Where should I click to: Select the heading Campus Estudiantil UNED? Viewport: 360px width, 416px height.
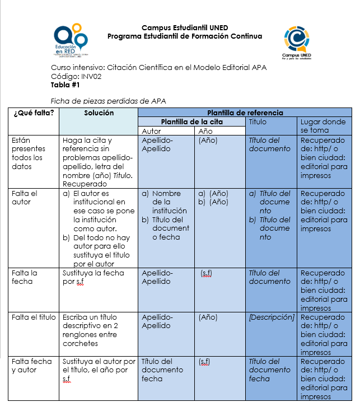185,28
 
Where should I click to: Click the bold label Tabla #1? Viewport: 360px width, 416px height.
66,85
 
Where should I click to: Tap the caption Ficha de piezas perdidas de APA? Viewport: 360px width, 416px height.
108,101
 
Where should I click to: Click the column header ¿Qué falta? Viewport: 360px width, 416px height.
34,113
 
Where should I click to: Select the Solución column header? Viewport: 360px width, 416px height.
99,113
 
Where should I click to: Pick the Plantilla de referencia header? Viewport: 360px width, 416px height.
245,113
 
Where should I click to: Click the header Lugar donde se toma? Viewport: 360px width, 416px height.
324,126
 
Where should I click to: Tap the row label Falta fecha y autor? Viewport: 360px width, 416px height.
32,366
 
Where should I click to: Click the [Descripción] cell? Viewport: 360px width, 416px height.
272,317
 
